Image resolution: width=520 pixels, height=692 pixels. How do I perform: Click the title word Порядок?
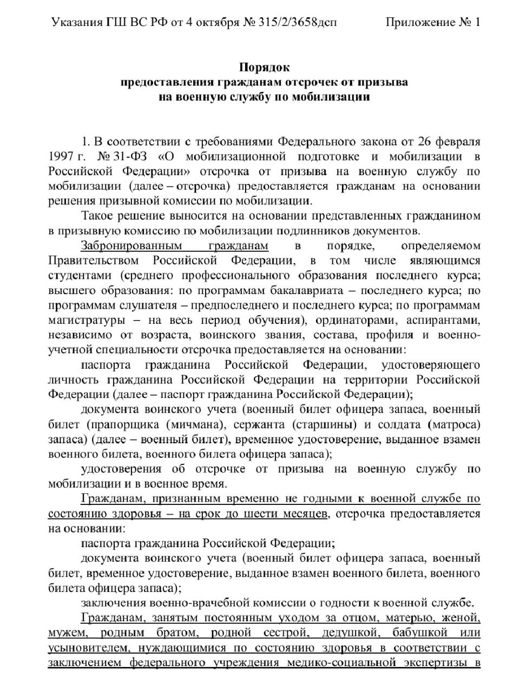[265, 68]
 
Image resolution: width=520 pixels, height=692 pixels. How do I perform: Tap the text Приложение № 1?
[432, 22]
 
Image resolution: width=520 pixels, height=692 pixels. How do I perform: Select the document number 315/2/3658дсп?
[297, 22]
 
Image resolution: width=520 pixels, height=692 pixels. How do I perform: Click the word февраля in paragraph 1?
[459, 142]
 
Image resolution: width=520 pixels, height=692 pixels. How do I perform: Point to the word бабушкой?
[421, 632]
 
